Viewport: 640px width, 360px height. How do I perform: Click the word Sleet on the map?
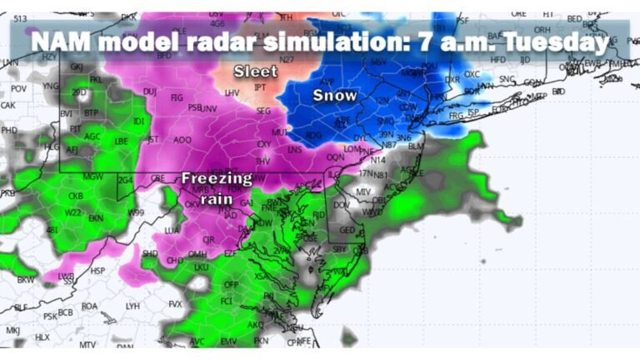(256, 71)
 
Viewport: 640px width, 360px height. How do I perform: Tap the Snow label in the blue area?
(334, 96)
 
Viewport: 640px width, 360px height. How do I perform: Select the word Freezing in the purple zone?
(217, 177)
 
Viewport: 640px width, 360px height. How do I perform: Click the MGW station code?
(92, 176)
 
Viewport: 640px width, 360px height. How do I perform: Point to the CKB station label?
(75, 197)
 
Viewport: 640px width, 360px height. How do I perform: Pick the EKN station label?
(95, 217)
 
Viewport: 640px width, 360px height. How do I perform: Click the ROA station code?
(89, 306)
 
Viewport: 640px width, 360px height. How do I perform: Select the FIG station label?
(176, 97)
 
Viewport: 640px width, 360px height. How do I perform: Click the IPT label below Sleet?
(260, 86)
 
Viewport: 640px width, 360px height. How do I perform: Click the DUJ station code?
(150, 92)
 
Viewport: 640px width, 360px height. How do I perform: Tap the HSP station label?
(98, 271)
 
